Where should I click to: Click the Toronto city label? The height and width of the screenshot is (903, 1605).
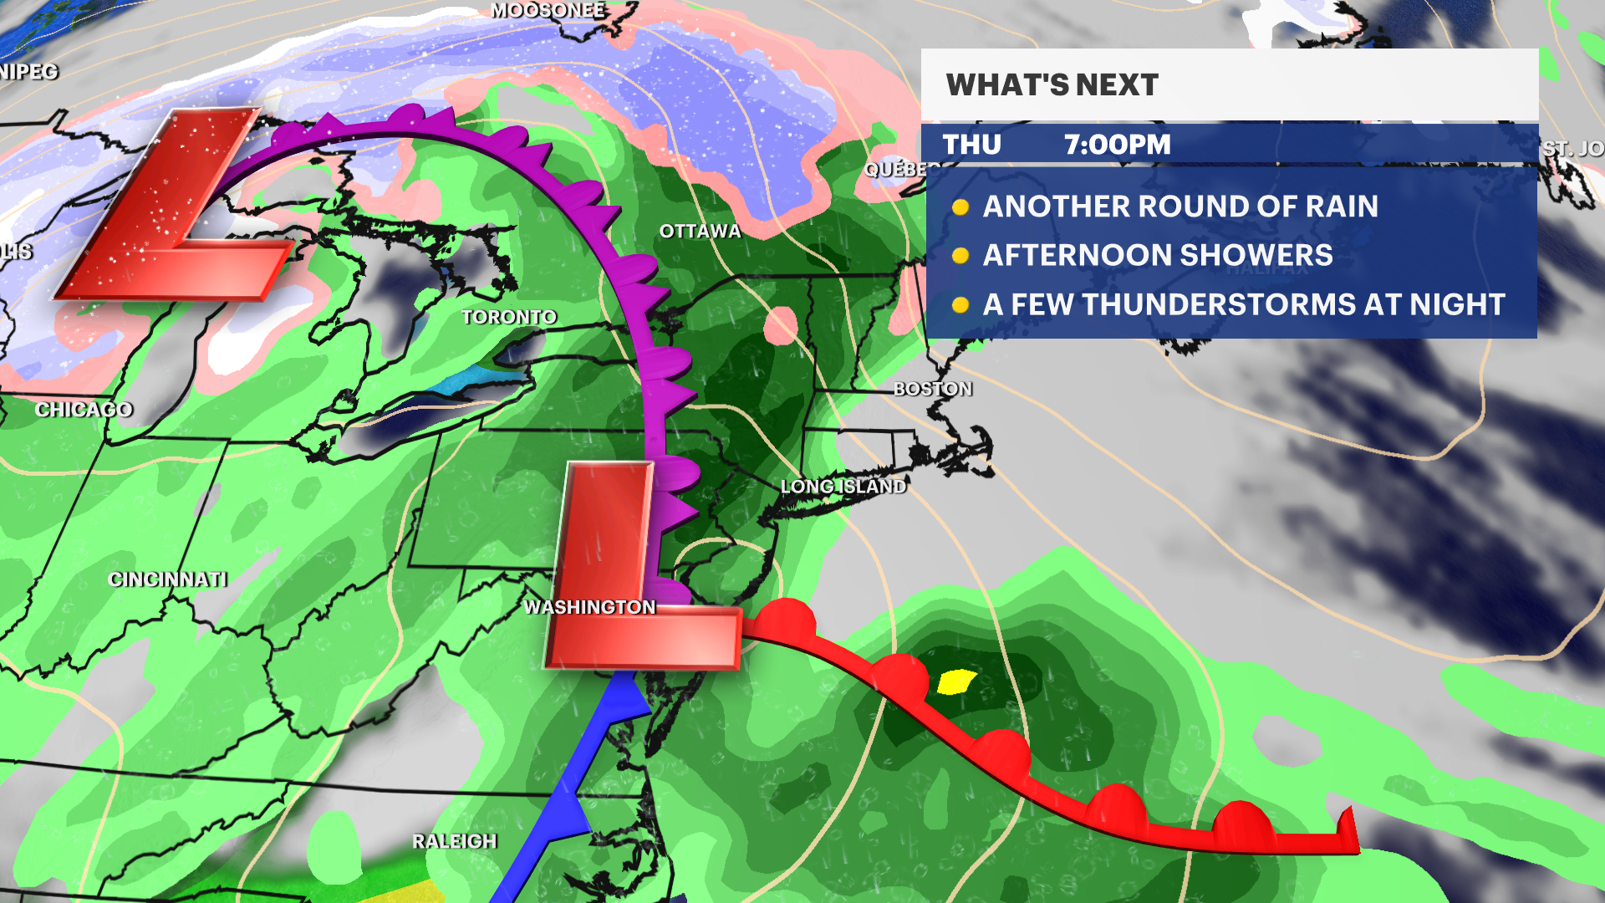click(508, 318)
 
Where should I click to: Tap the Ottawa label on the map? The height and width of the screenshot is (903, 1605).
click(700, 232)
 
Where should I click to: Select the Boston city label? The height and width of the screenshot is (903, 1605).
click(932, 389)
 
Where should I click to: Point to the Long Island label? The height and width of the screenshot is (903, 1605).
click(843, 487)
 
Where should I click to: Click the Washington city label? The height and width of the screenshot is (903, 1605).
click(589, 607)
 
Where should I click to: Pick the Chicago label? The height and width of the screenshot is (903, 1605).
click(84, 410)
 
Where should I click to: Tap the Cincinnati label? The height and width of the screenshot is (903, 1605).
click(167, 579)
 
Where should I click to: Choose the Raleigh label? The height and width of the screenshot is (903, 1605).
click(454, 841)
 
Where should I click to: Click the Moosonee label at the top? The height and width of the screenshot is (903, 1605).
click(548, 10)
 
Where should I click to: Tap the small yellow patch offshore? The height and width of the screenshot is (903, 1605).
click(955, 682)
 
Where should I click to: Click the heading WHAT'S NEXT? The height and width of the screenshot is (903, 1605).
click(1052, 85)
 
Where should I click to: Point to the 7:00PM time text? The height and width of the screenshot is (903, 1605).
click(1117, 145)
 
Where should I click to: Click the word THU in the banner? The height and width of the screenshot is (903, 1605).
click(971, 145)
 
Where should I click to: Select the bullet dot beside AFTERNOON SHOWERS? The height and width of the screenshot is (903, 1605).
click(960, 256)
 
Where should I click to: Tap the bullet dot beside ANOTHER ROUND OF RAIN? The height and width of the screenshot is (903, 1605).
click(960, 207)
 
